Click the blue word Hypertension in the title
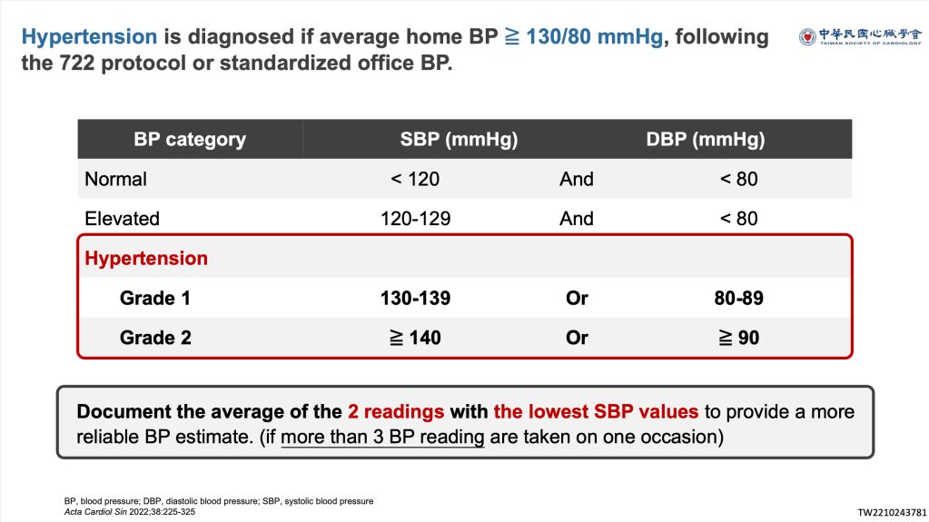(x=90, y=36)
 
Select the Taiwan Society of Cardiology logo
(x=860, y=36)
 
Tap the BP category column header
(x=190, y=139)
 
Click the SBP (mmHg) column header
(x=460, y=139)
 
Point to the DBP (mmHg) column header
(x=705, y=139)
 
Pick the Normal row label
(x=115, y=179)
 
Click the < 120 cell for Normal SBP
(x=415, y=179)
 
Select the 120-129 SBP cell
(x=415, y=219)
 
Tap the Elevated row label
(x=122, y=219)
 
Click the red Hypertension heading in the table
(x=146, y=259)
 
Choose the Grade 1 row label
(x=155, y=298)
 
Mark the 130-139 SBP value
(x=415, y=298)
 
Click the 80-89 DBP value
(x=739, y=298)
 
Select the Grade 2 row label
(x=155, y=338)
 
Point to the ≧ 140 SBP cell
(x=415, y=338)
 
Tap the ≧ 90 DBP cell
(x=739, y=338)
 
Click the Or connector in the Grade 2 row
(x=577, y=338)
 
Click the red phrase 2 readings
(x=396, y=412)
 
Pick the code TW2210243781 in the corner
(x=892, y=513)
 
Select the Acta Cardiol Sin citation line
(x=130, y=512)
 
